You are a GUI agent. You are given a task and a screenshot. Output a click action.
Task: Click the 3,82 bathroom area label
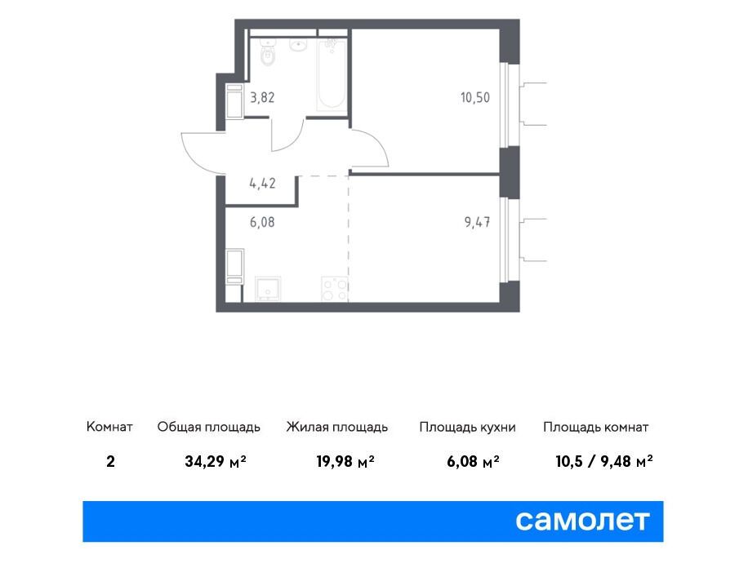pyautogui.click(x=262, y=98)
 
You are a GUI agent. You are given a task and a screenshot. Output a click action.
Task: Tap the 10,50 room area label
pyautogui.click(x=475, y=98)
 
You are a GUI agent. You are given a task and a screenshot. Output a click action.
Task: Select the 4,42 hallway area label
pyautogui.click(x=262, y=183)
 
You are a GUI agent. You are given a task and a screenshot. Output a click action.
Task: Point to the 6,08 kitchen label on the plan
pyautogui.click(x=262, y=222)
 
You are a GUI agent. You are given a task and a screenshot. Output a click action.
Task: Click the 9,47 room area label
pyautogui.click(x=478, y=222)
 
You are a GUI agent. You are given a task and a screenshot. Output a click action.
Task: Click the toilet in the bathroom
pyautogui.click(x=269, y=53)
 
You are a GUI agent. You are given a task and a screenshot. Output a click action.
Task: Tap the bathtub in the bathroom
pyautogui.click(x=332, y=74)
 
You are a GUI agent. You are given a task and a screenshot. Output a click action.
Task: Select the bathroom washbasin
pyautogui.click(x=299, y=46)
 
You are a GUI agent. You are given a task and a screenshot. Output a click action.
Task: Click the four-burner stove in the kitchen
pyautogui.click(x=335, y=289)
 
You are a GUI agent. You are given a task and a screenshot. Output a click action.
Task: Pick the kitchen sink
pyautogui.click(x=268, y=289)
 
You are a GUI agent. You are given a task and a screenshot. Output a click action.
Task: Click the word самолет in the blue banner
pyautogui.click(x=582, y=521)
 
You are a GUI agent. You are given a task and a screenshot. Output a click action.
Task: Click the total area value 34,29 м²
pyautogui.click(x=216, y=462)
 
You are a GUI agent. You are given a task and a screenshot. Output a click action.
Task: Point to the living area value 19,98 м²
pyautogui.click(x=345, y=462)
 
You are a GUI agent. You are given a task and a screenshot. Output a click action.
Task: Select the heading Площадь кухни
pyautogui.click(x=467, y=427)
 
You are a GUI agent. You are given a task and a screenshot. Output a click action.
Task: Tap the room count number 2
pyautogui.click(x=111, y=462)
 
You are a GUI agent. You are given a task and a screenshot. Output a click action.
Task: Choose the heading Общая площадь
pyautogui.click(x=209, y=427)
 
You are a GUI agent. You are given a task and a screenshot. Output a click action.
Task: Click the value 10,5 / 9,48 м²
pyautogui.click(x=604, y=462)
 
